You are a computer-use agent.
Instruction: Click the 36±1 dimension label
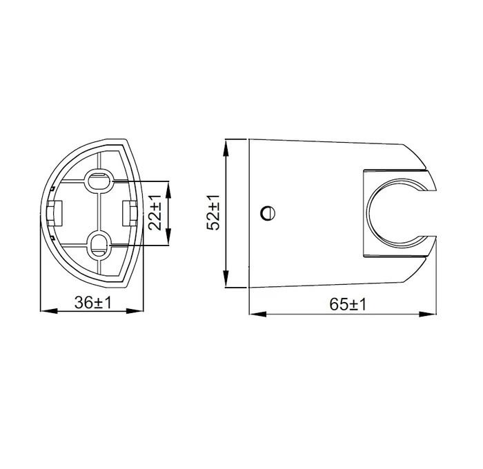tap(92, 302)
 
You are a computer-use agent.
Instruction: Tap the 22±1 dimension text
tap(155, 212)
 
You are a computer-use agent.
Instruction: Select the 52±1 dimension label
tap(213, 212)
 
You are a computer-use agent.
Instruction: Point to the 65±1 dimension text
tap(348, 304)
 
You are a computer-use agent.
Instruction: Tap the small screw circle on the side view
tap(268, 213)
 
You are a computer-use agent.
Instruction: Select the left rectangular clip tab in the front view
tap(55, 213)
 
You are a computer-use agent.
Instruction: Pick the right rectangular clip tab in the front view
tap(130, 213)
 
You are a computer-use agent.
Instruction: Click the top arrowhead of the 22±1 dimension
tap(168, 190)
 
